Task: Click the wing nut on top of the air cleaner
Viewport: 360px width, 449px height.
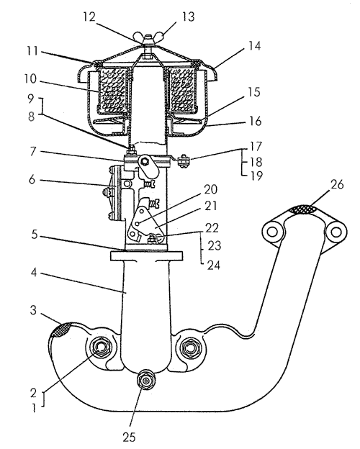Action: coord(148,39)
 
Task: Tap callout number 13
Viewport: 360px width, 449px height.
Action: coord(188,17)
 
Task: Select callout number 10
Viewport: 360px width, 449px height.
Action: coord(30,79)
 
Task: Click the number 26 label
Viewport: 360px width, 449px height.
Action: coord(337,185)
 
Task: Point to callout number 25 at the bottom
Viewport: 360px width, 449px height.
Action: coord(129,437)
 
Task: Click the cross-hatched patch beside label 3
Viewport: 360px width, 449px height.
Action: coord(60,330)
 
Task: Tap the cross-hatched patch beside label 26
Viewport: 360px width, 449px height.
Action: coord(303,209)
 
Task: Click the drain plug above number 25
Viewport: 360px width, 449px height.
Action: coord(146,381)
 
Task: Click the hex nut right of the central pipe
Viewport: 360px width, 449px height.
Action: coord(190,348)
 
